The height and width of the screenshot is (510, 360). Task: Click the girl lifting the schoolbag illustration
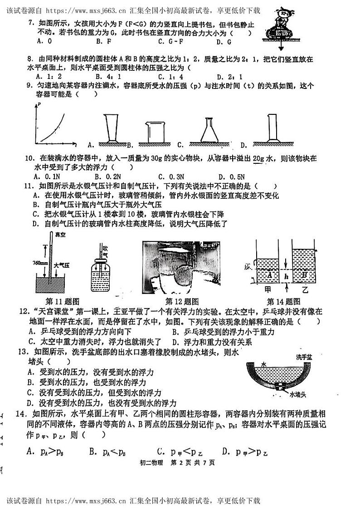pyautogui.click(x=279, y=27)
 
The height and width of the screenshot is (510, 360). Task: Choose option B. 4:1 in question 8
pyautogui.click(x=107, y=77)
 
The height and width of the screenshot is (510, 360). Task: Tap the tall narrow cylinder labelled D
pyautogui.click(x=272, y=128)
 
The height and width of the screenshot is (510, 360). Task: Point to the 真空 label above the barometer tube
pyautogui.click(x=60, y=235)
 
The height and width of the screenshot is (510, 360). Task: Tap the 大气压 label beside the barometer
pyautogui.click(x=61, y=264)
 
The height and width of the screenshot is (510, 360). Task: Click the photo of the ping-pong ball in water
pyautogui.click(x=179, y=268)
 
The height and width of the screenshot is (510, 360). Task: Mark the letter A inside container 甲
pyautogui.click(x=269, y=275)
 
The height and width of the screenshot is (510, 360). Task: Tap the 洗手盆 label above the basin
pyautogui.click(x=303, y=357)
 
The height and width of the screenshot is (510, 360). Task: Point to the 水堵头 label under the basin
pyautogui.click(x=299, y=395)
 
